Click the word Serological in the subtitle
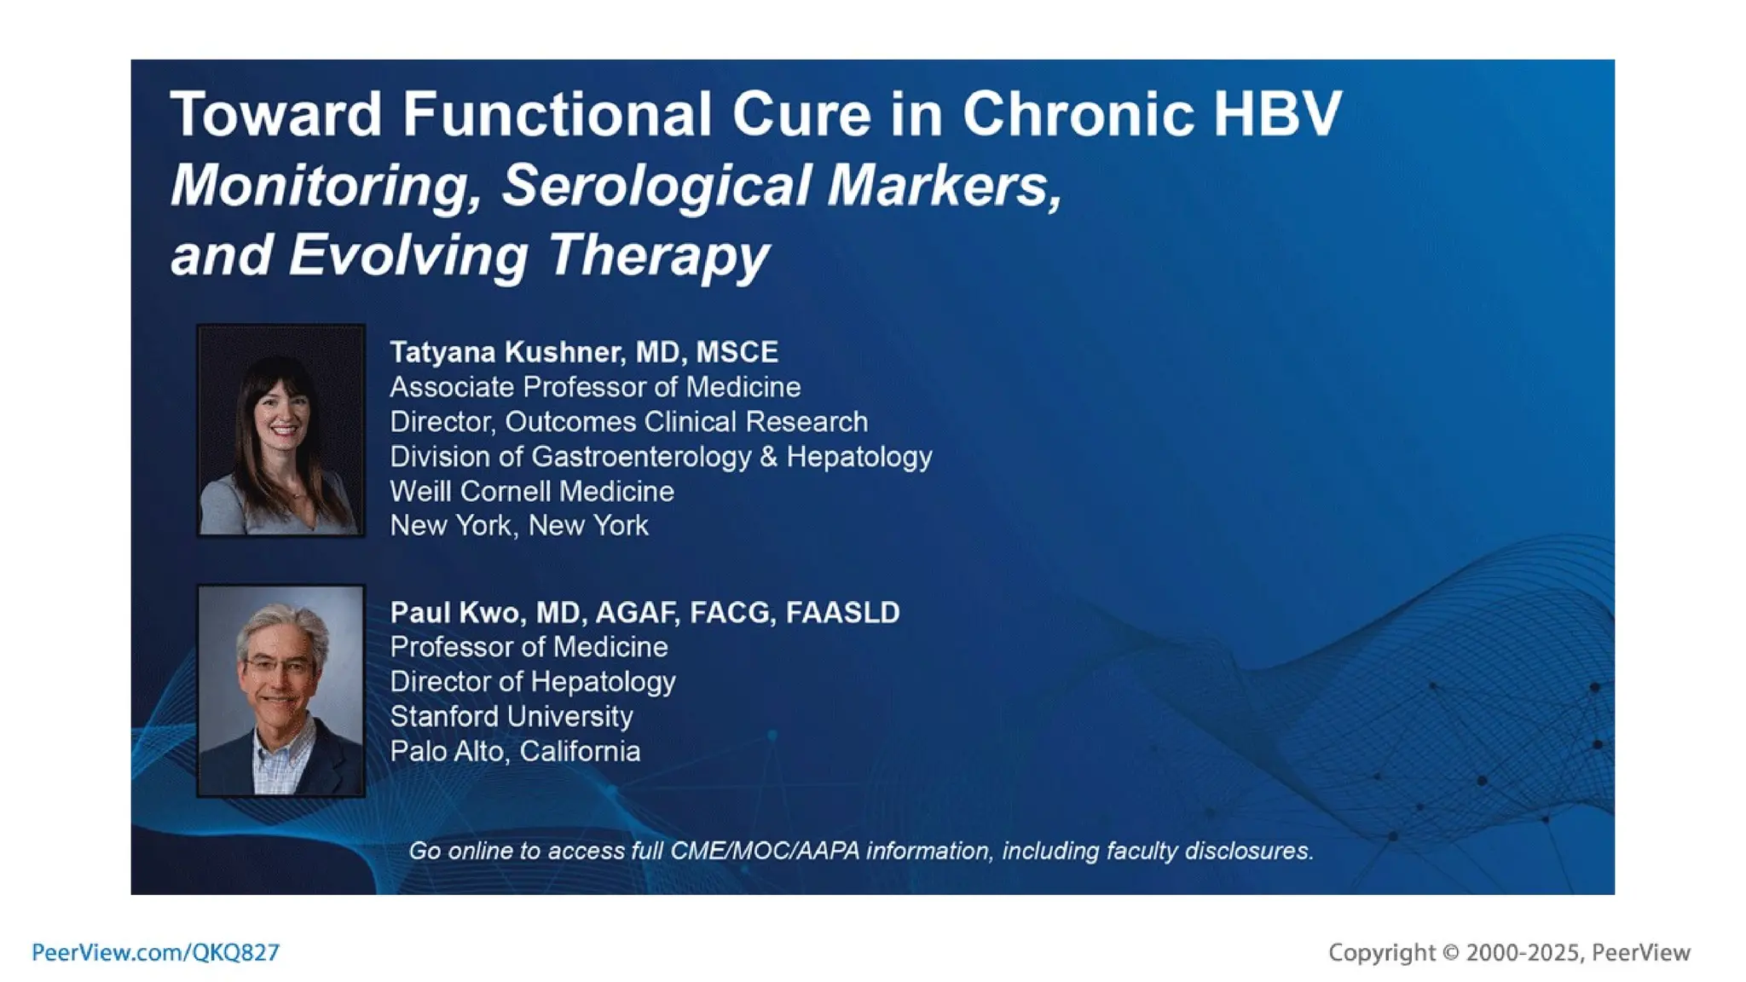point(656,185)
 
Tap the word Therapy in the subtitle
point(658,255)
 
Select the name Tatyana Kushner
point(506,352)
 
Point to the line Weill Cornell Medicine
point(531,491)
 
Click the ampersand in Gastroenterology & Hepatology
point(768,456)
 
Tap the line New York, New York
point(518,525)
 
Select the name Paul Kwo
point(454,612)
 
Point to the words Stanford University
point(511,716)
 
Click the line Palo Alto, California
point(514,751)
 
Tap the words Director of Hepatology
point(532,681)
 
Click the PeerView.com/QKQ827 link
point(155,952)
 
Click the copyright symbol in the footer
point(1450,952)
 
